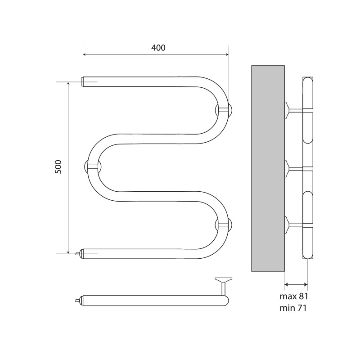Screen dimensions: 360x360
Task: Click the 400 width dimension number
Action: click(x=158, y=48)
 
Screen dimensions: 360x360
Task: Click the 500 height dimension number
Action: click(x=58, y=166)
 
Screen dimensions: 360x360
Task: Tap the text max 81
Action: click(x=294, y=297)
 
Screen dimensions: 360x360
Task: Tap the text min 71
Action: click(x=293, y=308)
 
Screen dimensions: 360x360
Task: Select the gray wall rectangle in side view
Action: click(x=268, y=168)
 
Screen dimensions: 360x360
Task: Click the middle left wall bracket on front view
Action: click(x=93, y=167)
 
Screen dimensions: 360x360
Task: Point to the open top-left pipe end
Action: click(x=83, y=81)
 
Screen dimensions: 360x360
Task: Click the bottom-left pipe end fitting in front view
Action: click(x=79, y=254)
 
